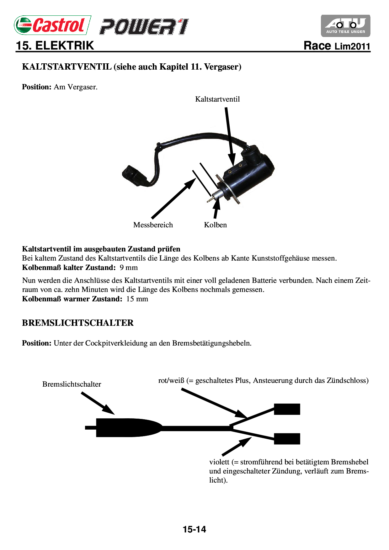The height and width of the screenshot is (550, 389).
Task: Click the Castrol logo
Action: click(52, 25)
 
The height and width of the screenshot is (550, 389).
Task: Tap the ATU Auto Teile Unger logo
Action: click(345, 26)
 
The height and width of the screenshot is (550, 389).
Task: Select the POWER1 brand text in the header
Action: click(144, 27)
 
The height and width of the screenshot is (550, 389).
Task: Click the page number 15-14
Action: click(194, 529)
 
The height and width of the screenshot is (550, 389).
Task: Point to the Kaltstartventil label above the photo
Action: click(217, 99)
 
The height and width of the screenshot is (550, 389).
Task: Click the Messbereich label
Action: click(153, 225)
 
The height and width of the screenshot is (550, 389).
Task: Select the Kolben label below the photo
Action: click(215, 225)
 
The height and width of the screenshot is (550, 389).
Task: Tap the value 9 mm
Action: click(129, 267)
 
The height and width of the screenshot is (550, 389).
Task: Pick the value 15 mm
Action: click(137, 299)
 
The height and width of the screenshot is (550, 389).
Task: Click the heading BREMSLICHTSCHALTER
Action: click(78, 323)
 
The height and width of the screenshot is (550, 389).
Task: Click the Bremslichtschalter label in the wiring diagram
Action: click(72, 384)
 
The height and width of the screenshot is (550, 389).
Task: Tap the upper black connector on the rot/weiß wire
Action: click(287, 409)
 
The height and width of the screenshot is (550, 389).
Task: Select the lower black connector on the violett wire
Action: click(287, 439)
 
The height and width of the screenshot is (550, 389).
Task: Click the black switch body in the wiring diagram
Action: click(125, 427)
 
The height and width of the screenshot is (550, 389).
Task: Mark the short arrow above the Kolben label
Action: click(216, 208)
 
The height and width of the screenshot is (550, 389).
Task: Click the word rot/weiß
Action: click(171, 381)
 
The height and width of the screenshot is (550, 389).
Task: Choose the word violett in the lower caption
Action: click(219, 462)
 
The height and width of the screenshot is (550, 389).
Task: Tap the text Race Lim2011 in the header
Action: click(337, 46)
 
